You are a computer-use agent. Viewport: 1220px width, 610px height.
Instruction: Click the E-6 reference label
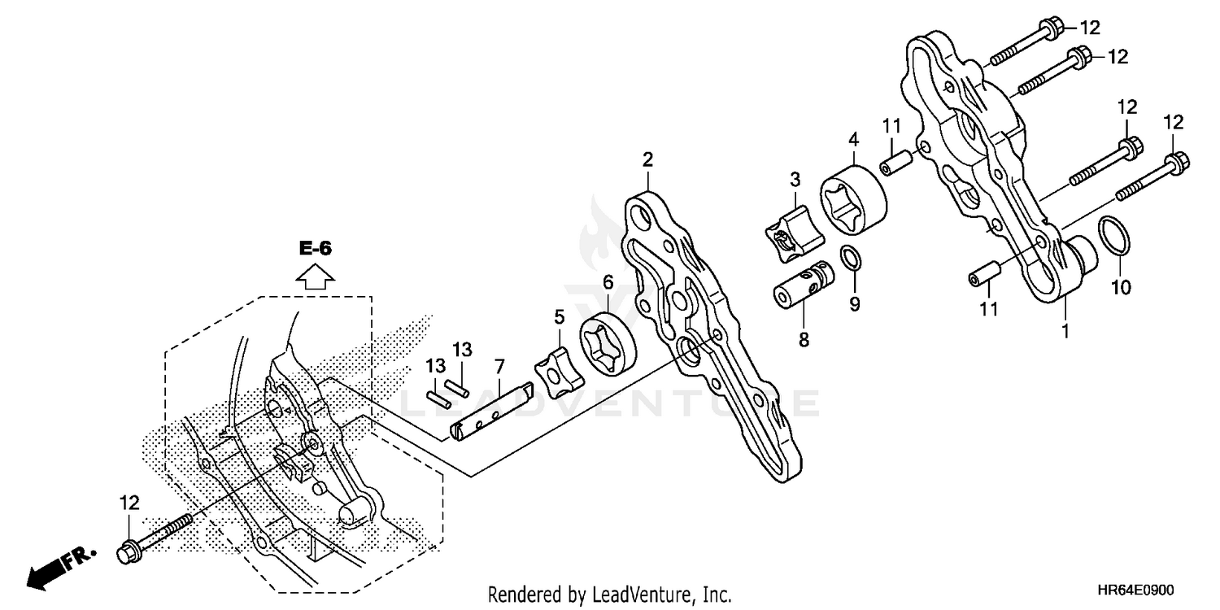coord(316,249)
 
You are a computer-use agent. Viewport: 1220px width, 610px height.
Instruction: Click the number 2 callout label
coord(647,159)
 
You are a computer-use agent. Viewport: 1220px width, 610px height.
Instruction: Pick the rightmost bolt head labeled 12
coord(1177,162)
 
